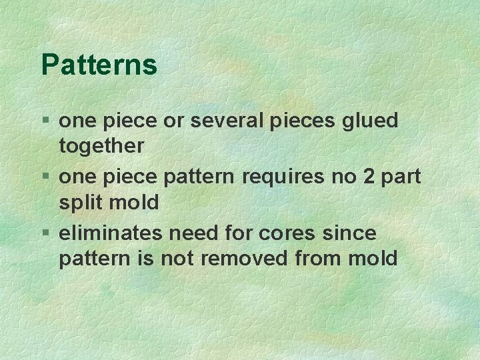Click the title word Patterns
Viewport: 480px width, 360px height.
99,65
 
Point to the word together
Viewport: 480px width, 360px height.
101,146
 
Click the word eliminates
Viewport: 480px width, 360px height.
111,233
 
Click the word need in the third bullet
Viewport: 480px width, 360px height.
191,233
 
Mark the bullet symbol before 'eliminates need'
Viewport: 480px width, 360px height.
45,233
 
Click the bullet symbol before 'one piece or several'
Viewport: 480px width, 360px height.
45,121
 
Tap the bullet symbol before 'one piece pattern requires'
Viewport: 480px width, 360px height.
45,177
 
